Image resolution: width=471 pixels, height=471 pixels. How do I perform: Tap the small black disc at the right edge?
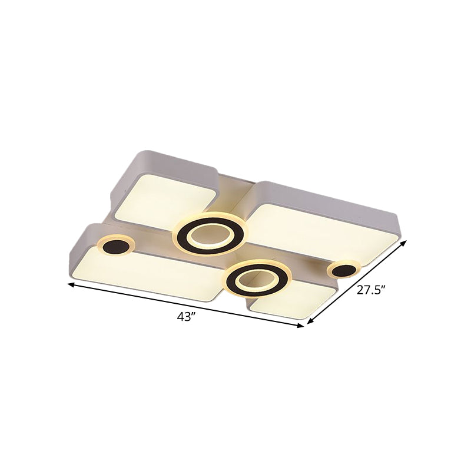point(343,270)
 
